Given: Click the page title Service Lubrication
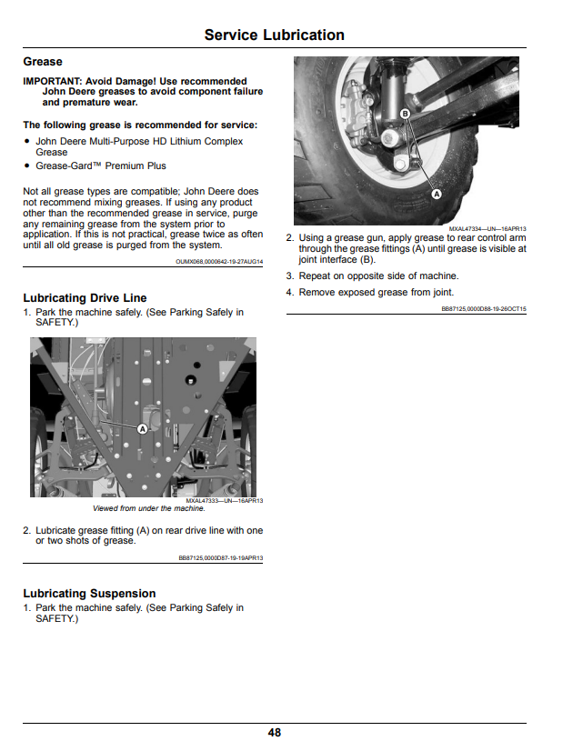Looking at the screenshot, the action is [x=274, y=35].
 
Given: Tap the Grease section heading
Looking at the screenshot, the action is [x=43, y=62].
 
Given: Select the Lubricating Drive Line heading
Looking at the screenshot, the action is [x=85, y=298].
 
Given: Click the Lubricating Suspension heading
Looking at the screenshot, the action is [x=89, y=594].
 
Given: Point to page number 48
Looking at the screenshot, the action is [x=275, y=733].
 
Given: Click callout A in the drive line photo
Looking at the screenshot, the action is [x=143, y=429].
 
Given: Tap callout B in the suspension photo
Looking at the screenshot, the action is [x=406, y=114].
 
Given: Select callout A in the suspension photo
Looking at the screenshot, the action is [x=437, y=195].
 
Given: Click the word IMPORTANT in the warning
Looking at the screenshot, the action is [x=52, y=82].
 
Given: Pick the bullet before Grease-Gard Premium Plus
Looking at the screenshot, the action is [x=26, y=165].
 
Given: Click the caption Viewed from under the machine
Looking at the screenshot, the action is [x=149, y=508].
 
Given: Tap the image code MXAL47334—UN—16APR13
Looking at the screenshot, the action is [x=488, y=229].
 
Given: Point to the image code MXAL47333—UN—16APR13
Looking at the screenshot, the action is [x=224, y=501].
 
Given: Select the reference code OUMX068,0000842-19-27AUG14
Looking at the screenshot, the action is [x=219, y=262].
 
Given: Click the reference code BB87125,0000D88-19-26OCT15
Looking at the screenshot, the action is [x=484, y=309].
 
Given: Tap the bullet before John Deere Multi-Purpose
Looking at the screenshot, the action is [x=26, y=141].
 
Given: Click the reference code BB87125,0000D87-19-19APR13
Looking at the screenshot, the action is [x=221, y=558].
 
